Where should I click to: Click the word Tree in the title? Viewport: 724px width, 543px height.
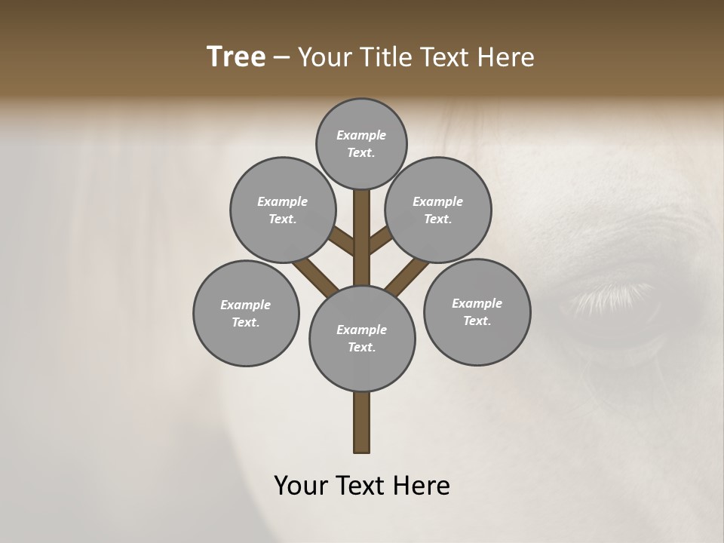(236, 57)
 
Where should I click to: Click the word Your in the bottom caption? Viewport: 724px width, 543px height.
(300, 486)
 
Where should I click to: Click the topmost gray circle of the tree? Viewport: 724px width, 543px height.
(361, 143)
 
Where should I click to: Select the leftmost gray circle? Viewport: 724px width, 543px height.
(246, 313)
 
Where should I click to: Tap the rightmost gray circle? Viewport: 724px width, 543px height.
(477, 311)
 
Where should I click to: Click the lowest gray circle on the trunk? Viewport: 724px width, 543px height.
(362, 338)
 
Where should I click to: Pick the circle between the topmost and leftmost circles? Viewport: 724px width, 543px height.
(283, 210)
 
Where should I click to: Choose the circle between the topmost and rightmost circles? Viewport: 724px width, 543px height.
(438, 210)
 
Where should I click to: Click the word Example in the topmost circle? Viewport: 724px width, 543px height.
(361, 135)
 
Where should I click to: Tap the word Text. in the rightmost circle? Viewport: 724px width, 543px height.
(477, 321)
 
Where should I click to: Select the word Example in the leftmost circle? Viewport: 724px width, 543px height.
(246, 305)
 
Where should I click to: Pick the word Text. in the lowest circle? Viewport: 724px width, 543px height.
(361, 347)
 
